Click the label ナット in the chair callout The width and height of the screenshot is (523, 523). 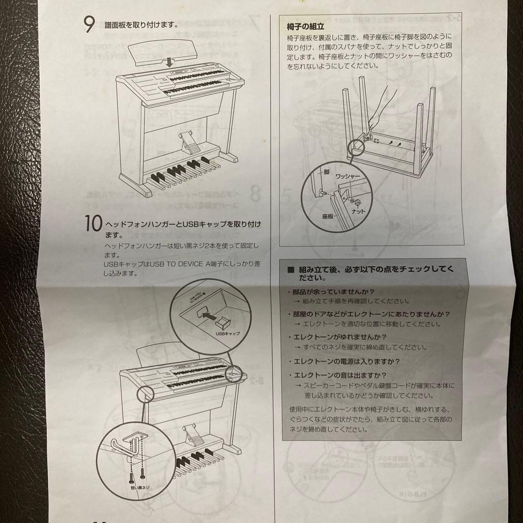click(359, 212)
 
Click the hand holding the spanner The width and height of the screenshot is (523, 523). click(383, 99)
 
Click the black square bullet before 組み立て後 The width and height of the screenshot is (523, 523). click(291, 270)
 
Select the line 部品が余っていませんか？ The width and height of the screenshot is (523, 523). click(331, 292)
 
